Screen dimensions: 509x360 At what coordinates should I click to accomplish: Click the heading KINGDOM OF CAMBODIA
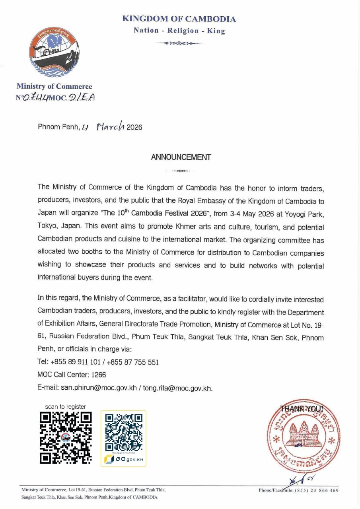(179, 19)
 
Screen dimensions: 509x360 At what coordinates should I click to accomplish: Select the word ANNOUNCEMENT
(181, 157)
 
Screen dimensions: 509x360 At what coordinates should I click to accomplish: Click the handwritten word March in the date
(110, 127)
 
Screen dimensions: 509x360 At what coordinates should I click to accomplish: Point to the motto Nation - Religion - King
(179, 31)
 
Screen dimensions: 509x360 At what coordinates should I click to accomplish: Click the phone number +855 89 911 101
(76, 362)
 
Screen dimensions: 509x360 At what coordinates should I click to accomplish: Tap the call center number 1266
(99, 375)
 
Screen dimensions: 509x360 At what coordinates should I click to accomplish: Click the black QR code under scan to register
(66, 437)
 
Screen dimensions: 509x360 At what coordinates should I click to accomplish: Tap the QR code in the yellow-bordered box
(123, 432)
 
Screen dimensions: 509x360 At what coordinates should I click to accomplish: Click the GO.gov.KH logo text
(128, 460)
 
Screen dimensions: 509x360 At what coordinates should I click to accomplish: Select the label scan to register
(65, 406)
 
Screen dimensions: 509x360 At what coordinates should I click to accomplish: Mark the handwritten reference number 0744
(36, 97)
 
